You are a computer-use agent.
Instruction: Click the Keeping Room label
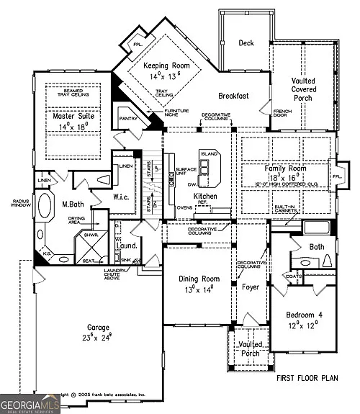(x=161, y=66)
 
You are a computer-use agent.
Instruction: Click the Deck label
(x=246, y=43)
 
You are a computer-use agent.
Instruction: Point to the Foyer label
(x=250, y=287)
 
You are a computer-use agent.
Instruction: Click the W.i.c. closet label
(x=120, y=197)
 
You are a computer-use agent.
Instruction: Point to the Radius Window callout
(x=14, y=204)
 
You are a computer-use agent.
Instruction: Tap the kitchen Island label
(x=210, y=154)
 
